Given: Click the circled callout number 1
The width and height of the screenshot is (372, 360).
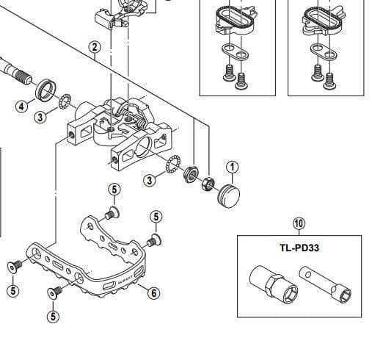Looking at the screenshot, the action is [x=232, y=168].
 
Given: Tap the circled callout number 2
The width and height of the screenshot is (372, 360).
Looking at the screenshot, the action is [x=95, y=47].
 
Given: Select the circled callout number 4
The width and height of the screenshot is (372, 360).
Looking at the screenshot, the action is [x=22, y=107].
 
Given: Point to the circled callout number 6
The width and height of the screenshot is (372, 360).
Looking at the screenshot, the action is [x=153, y=292].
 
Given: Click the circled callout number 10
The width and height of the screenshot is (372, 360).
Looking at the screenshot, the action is [x=299, y=223].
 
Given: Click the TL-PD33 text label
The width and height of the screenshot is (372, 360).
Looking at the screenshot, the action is [x=299, y=248].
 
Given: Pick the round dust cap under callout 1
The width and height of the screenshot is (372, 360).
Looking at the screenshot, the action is [x=229, y=196].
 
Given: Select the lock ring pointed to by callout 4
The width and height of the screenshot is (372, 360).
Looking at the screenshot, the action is [x=45, y=90].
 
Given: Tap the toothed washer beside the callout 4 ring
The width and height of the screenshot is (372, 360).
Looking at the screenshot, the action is [x=65, y=102].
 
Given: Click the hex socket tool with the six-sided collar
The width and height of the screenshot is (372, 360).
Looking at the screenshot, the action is [x=274, y=283].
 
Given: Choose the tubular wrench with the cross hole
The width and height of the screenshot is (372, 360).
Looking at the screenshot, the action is [x=325, y=285].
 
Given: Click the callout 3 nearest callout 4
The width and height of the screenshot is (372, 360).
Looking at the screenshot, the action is [x=40, y=117].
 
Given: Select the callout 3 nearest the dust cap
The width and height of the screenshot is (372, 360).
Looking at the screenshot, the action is [x=150, y=181].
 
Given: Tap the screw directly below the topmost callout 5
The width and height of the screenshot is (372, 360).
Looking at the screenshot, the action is [x=112, y=213].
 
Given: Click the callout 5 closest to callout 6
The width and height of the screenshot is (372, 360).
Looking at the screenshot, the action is [x=156, y=217].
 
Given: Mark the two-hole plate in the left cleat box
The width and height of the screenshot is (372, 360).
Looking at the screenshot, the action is [x=236, y=51].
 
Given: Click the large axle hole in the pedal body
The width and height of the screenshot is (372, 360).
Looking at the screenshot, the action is [x=144, y=146].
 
